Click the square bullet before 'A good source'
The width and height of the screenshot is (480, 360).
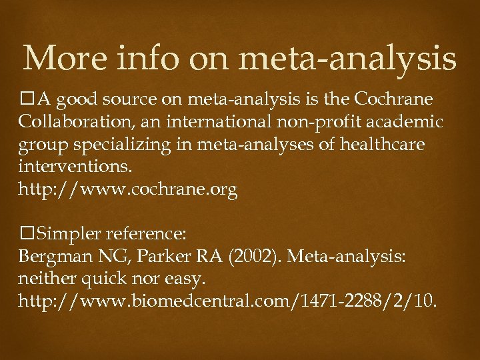click(x=26, y=100)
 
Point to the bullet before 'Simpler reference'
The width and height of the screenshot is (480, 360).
click(x=26, y=234)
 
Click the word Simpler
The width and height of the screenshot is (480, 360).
click(x=67, y=234)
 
